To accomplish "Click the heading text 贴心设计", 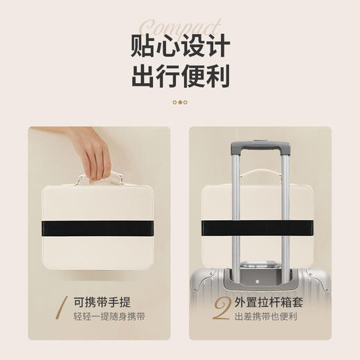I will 180,46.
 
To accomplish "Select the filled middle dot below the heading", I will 180,102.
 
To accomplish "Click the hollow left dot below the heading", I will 174,102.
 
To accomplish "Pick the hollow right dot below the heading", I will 186,102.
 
